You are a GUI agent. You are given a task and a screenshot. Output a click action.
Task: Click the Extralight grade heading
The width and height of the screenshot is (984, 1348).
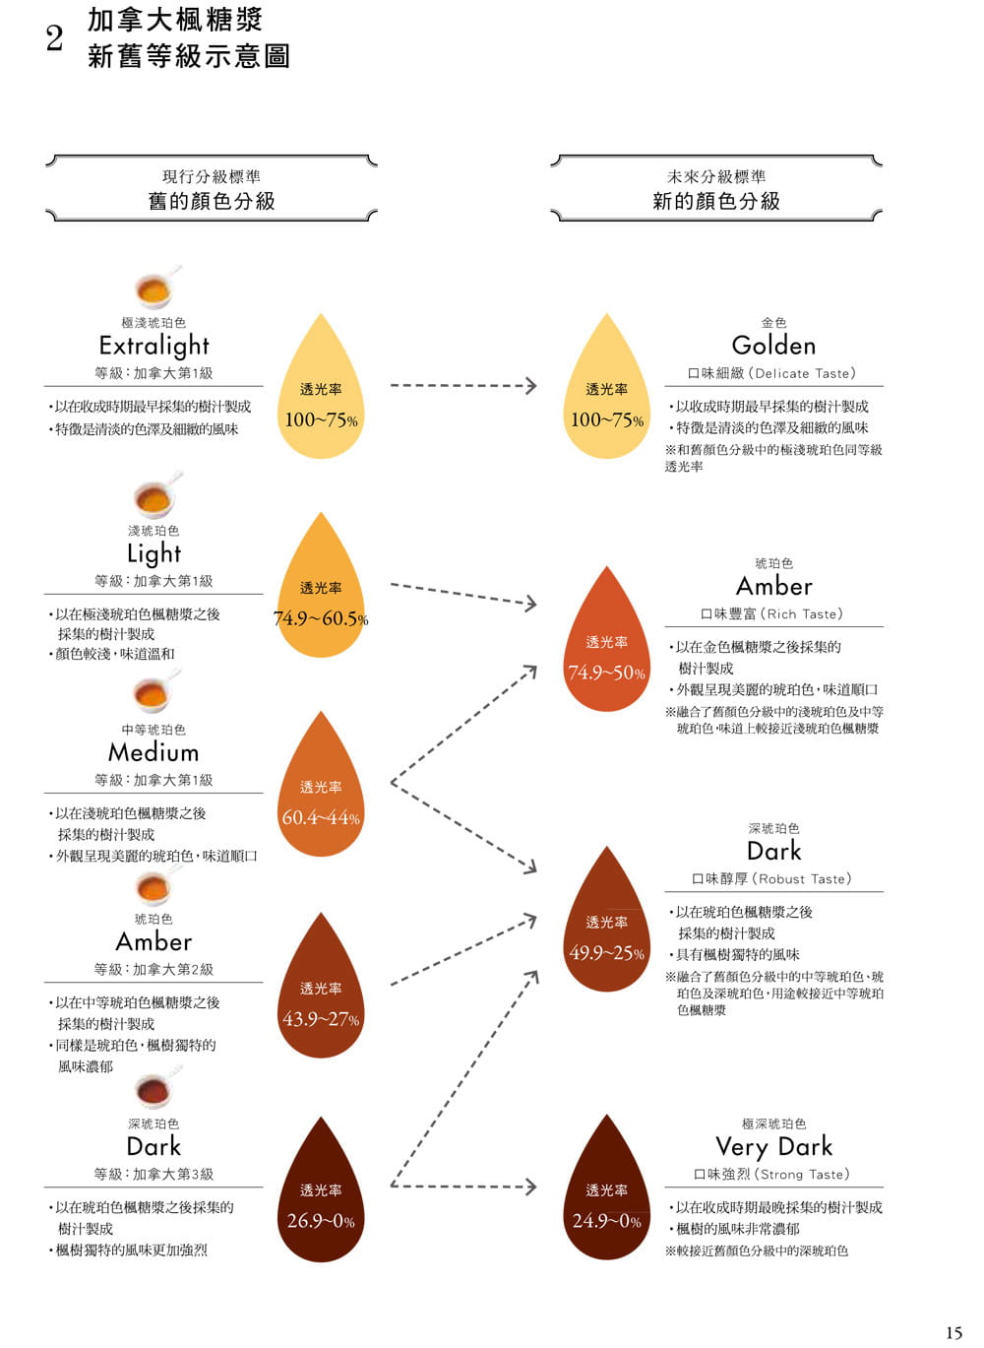point(154,346)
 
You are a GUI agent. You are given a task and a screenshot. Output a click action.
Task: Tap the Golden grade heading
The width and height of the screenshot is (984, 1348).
point(773,346)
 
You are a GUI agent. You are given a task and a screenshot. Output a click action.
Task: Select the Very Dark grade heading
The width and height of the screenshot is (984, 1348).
point(773,1147)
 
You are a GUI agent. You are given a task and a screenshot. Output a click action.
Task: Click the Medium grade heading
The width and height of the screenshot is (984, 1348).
point(154,752)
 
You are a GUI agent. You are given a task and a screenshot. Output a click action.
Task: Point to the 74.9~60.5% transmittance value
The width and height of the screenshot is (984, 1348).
point(321,618)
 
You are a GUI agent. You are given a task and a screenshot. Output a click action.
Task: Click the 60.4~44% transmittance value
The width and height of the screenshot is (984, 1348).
point(321,817)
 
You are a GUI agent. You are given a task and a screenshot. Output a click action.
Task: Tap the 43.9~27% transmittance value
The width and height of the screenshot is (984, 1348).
point(321,1019)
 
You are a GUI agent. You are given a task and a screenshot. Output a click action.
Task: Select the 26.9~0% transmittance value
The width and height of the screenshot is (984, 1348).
point(321,1220)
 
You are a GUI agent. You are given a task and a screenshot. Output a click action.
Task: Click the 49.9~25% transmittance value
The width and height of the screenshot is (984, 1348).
point(606,952)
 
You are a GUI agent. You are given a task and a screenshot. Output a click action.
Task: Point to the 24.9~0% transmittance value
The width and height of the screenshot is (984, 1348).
point(606,1220)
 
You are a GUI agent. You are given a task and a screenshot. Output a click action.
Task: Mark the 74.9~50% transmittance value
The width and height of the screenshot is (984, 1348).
point(606,673)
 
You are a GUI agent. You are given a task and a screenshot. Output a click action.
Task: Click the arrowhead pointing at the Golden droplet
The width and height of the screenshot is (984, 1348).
point(530,386)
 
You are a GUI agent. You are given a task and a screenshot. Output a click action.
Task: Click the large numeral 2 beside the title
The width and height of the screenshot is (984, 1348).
point(54,39)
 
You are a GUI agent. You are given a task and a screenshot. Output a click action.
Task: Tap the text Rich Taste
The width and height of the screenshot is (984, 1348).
point(801,613)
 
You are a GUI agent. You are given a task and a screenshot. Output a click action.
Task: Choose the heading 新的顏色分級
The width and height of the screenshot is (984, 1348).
point(715,201)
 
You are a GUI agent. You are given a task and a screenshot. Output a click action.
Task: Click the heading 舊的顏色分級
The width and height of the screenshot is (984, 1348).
point(212,201)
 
